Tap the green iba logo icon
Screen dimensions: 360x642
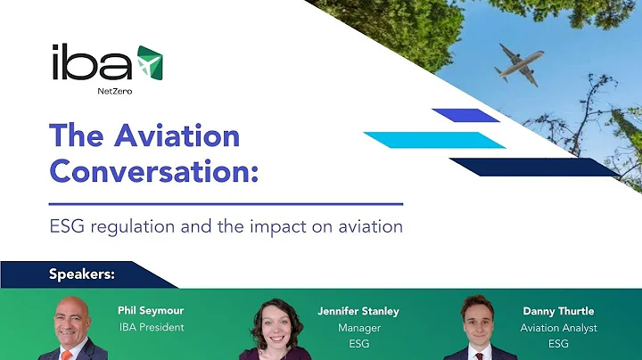(149, 62)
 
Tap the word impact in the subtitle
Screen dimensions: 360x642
(303, 226)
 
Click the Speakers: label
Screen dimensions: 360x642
(81, 274)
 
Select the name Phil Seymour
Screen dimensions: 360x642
(150, 310)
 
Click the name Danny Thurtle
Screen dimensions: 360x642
(558, 311)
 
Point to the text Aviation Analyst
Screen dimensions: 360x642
(558, 328)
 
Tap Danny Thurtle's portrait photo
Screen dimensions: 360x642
(481, 330)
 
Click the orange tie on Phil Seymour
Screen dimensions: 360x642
(66, 356)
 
